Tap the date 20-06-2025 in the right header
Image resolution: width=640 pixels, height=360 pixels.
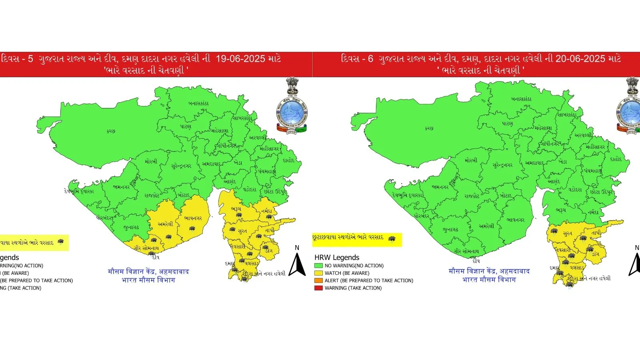(580, 59)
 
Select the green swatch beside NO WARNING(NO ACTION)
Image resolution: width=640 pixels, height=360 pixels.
(318, 266)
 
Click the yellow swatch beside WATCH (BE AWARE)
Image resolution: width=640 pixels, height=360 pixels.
(318, 273)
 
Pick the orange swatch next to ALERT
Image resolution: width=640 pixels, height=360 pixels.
(318, 280)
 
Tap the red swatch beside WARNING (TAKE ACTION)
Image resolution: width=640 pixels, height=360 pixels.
(318, 288)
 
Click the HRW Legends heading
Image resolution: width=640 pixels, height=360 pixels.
(337, 258)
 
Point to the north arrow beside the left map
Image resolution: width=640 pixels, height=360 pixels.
(297, 264)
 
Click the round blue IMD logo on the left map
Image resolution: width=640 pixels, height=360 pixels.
(292, 112)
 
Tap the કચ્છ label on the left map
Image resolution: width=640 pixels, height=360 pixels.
(111, 131)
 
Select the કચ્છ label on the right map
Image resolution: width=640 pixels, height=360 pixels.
(429, 128)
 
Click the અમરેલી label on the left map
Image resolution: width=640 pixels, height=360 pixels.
(165, 224)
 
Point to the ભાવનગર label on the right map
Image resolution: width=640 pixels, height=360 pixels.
(515, 220)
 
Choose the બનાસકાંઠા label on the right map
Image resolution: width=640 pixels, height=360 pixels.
(521, 99)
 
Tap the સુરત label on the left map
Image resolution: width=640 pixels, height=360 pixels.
(242, 231)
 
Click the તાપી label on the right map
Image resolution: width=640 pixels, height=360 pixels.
(596, 232)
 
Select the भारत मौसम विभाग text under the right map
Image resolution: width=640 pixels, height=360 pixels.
(489, 280)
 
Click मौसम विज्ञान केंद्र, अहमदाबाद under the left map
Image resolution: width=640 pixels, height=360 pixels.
(148, 272)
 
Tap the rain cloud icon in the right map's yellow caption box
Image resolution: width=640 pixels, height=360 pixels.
(392, 239)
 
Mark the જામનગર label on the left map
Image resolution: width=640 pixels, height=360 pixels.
(121, 187)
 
